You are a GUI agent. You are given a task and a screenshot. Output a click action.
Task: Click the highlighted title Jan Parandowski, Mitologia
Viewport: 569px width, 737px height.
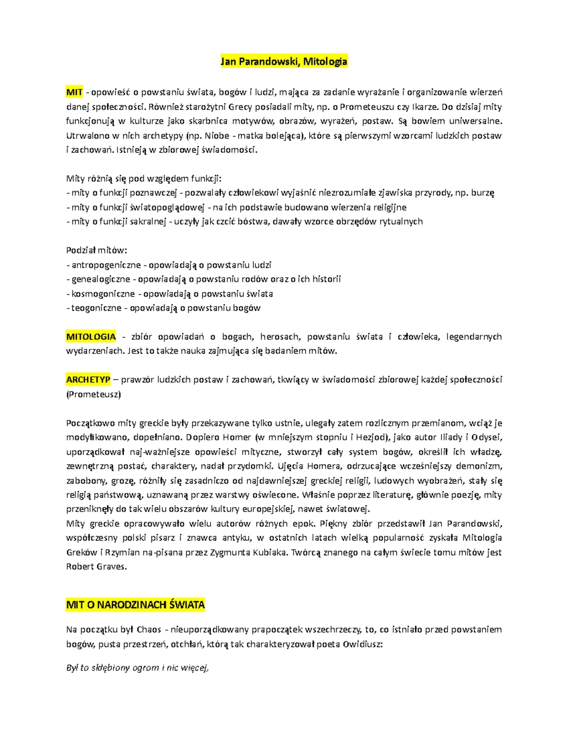[284, 62]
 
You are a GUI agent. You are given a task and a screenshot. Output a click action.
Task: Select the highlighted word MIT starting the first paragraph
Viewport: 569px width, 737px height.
[74, 92]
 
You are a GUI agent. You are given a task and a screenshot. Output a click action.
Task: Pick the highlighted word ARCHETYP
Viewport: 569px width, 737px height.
[88, 380]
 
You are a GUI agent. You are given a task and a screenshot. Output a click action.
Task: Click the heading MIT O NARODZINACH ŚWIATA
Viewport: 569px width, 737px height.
[136, 605]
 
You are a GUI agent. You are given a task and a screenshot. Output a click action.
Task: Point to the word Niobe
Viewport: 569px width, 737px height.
[217, 136]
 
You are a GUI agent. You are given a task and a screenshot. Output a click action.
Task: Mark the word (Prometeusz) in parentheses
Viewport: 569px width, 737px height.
[93, 394]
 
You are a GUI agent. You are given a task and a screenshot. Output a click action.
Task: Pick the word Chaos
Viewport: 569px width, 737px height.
[148, 630]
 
